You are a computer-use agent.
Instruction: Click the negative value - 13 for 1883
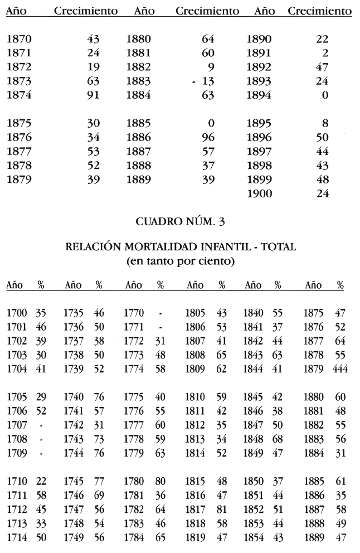point(203,81)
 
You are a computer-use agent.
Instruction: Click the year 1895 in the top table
point(260,123)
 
